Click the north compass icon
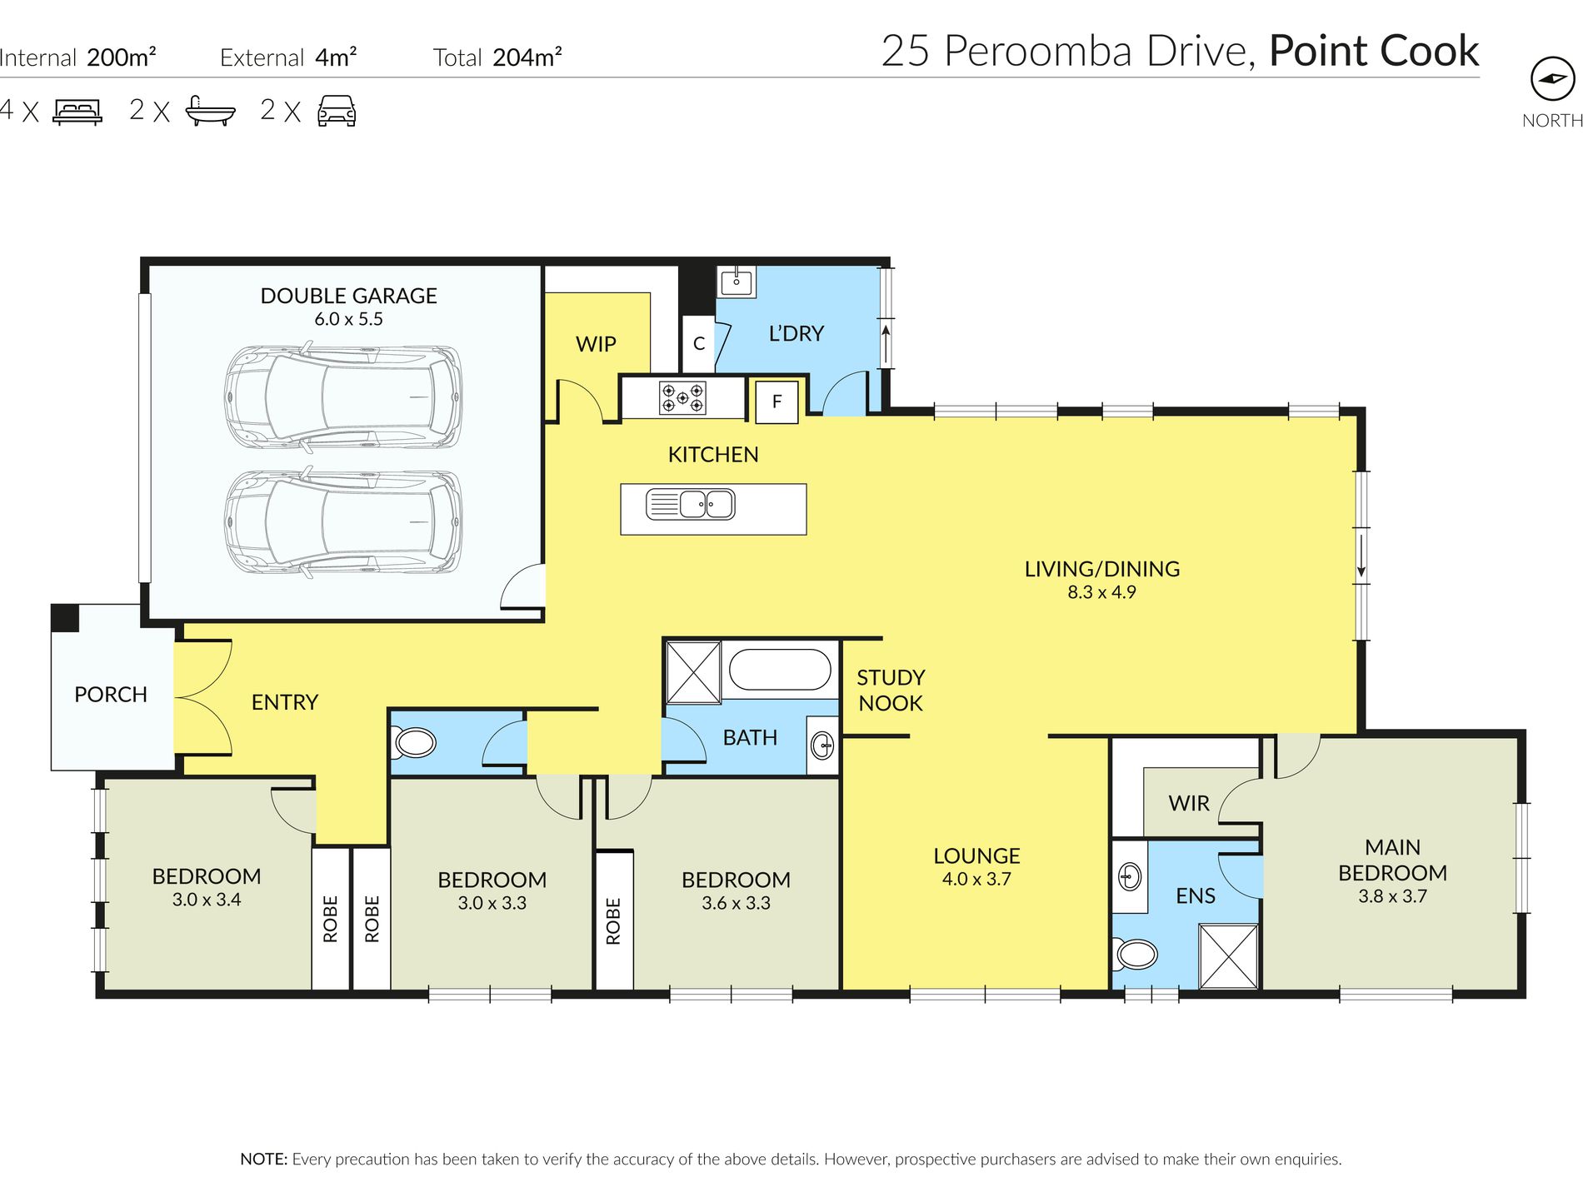click(1552, 79)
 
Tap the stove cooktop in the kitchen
click(682, 397)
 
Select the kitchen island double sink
click(691, 505)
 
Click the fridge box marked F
click(777, 401)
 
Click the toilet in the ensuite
click(1136, 953)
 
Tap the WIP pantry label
click(596, 344)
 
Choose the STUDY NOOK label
click(891, 691)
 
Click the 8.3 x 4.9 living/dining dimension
click(1101, 592)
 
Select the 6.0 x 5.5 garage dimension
click(348, 319)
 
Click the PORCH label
click(111, 695)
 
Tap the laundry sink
click(737, 281)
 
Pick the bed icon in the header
click(77, 111)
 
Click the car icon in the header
click(337, 111)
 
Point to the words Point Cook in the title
click(1374, 51)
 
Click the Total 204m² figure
click(497, 57)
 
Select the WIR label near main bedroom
click(1189, 804)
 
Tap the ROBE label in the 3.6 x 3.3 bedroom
click(613, 920)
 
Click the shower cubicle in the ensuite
click(1228, 956)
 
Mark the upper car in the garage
click(343, 397)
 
